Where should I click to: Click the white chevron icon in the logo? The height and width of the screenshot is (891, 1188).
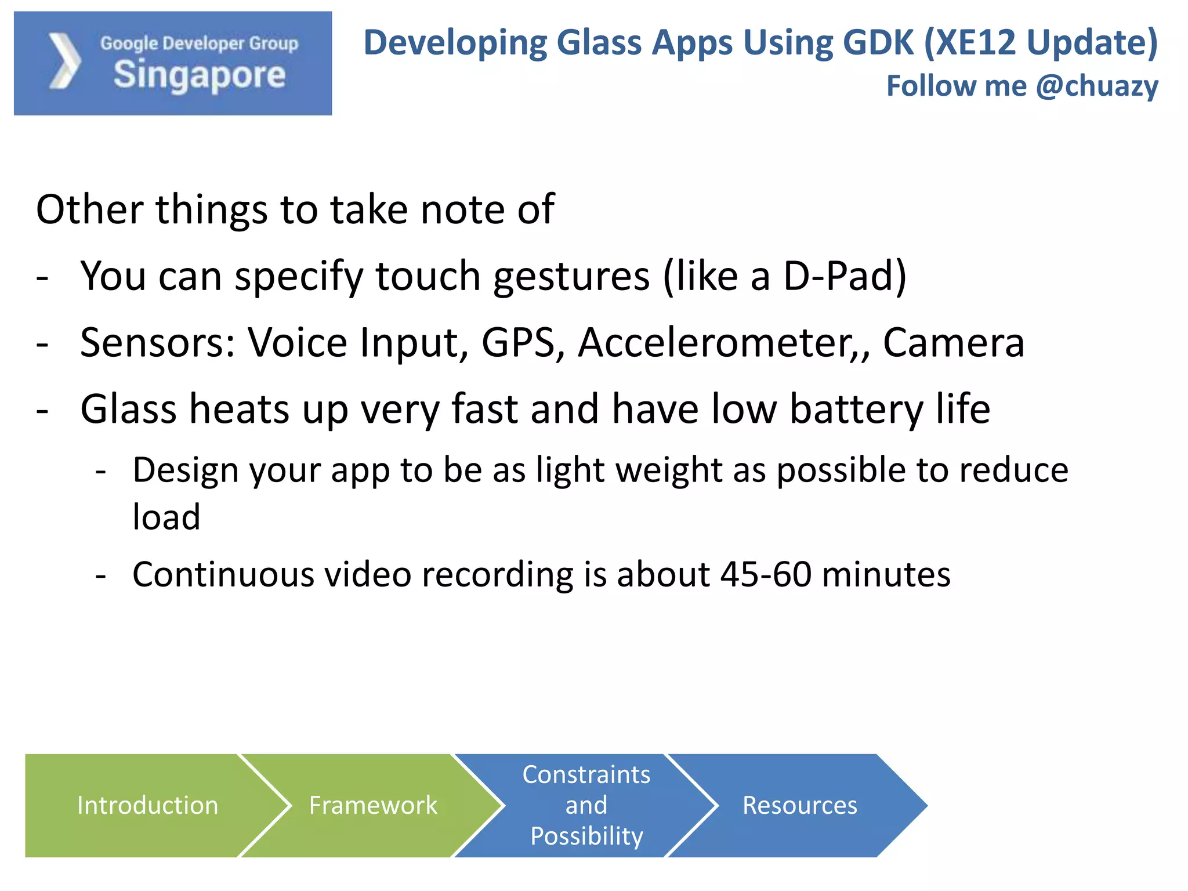64,61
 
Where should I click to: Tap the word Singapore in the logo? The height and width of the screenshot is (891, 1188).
199,75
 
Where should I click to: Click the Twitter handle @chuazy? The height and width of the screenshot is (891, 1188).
1097,86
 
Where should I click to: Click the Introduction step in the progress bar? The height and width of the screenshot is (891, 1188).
147,805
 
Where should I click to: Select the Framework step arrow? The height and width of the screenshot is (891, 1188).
372,805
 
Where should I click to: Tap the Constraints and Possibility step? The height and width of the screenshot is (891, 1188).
586,805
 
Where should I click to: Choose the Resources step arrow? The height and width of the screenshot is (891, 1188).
799,805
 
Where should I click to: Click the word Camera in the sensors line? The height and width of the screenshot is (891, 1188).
953,343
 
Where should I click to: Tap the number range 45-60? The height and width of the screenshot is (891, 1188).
766,574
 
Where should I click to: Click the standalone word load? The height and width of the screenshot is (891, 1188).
166,517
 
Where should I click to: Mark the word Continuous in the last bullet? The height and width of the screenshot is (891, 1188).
222,574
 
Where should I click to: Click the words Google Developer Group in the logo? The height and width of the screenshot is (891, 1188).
199,43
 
